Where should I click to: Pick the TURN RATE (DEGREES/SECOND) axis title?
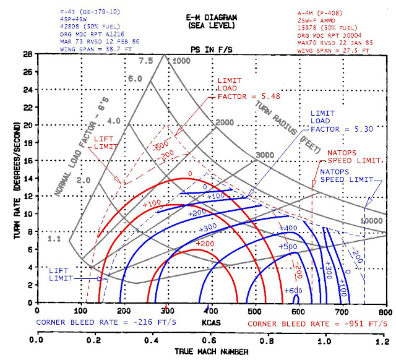coord(11,179)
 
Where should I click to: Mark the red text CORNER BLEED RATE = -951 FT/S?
coord(318,323)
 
